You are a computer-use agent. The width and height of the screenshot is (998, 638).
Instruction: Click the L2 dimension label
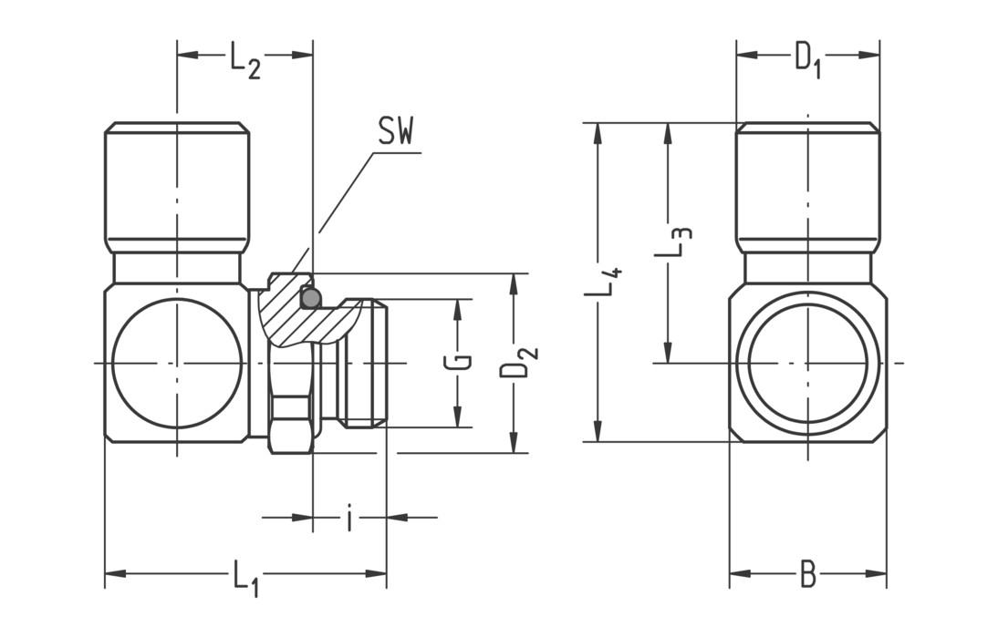click(244, 61)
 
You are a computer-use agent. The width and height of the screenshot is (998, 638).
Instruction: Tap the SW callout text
click(396, 133)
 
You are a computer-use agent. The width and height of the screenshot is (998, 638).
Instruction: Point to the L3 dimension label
click(679, 243)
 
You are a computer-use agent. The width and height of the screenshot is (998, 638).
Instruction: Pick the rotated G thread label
click(463, 363)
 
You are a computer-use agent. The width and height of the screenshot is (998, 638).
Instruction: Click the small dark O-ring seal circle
click(310, 297)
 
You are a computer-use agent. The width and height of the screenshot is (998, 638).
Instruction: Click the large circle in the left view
click(176, 363)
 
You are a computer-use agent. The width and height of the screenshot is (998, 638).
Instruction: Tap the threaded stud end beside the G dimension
click(364, 363)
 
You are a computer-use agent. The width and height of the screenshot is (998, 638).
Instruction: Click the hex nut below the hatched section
click(291, 425)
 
